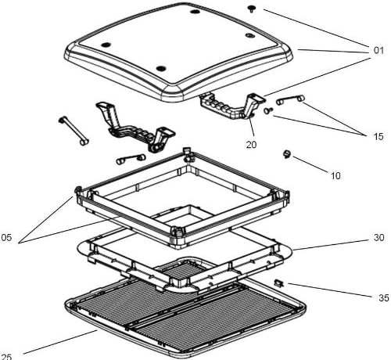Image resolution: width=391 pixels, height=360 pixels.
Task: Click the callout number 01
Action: pyautogui.click(x=378, y=50)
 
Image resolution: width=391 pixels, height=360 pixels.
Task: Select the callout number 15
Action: pyautogui.click(x=378, y=136)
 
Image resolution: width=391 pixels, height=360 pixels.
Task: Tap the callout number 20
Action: pyautogui.click(x=251, y=145)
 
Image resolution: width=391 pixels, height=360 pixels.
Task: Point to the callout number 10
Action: pyautogui.click(x=335, y=175)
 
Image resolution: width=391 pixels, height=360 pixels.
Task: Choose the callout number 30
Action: pyautogui.click(x=379, y=237)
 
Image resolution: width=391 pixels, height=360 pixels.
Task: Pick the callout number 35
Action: pyautogui.click(x=383, y=297)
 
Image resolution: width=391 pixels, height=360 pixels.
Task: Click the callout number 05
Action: pyautogui.click(x=6, y=237)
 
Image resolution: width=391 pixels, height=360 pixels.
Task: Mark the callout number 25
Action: pyautogui.click(x=6, y=356)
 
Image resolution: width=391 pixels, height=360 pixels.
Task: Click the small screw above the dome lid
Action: pyautogui.click(x=251, y=9)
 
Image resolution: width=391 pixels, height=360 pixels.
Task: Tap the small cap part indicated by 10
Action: pyautogui.click(x=287, y=154)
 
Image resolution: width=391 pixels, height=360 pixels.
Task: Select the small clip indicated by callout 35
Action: pyautogui.click(x=279, y=283)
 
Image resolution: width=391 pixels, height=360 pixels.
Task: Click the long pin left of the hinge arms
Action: pyautogui.click(x=74, y=131)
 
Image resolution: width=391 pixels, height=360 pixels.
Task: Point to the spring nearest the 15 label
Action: pyautogui.click(x=290, y=99)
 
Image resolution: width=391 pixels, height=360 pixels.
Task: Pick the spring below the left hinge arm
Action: pyautogui.click(x=131, y=159)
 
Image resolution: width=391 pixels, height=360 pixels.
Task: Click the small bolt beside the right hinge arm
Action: pyautogui.click(x=267, y=110)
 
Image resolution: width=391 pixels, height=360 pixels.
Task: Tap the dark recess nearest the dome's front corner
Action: pyautogui.click(x=161, y=69)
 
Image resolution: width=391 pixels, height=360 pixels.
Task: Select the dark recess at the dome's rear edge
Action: pyautogui.click(x=195, y=12)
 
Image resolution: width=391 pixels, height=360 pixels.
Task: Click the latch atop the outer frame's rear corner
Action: pyautogui.click(x=188, y=154)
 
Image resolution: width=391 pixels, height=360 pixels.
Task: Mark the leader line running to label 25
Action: pyautogui.click(x=60, y=342)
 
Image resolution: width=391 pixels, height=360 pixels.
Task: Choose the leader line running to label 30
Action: pyautogui.click(x=332, y=245)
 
